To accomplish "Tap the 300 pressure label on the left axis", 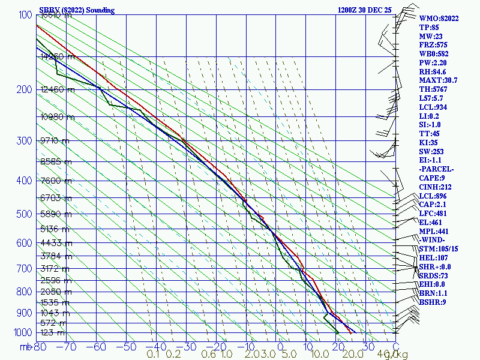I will point(23,141).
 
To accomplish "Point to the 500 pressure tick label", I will point(23,214).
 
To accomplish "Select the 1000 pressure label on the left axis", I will point(21,332).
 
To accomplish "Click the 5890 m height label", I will point(55,214).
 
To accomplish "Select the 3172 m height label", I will point(55,268).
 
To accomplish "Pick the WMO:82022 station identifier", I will point(439,19).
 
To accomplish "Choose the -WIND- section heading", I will point(433,240).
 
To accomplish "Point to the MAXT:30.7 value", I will point(439,80).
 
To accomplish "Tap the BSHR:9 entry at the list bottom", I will point(433,302).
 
